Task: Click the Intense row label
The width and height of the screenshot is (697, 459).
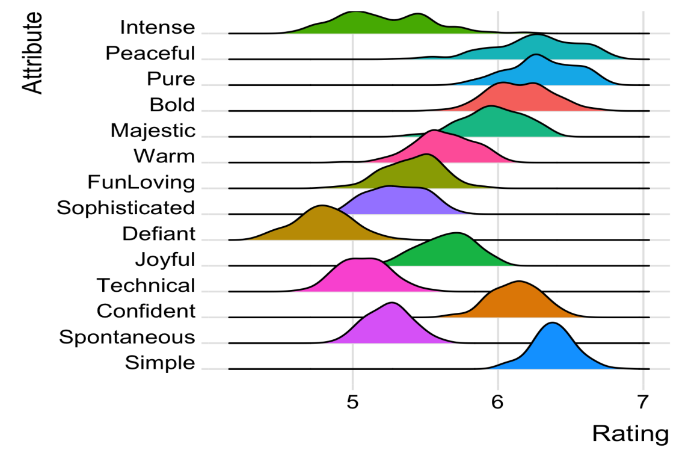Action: [158, 28]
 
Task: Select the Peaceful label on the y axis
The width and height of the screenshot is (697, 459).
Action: [150, 54]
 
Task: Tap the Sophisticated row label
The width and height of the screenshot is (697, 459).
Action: [126, 208]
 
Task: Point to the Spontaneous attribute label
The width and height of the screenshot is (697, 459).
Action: [127, 337]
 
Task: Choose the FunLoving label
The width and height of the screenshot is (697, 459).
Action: [141, 182]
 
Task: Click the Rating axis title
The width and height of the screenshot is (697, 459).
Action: [630, 434]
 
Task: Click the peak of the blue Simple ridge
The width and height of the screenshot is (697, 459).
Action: [552, 324]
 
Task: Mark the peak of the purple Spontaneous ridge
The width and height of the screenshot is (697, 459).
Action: [392, 304]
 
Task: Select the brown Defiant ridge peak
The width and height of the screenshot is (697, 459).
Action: [322, 208]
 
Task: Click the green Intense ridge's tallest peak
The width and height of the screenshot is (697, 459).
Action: [356, 12]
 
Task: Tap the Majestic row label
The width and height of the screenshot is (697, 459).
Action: [153, 131]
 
